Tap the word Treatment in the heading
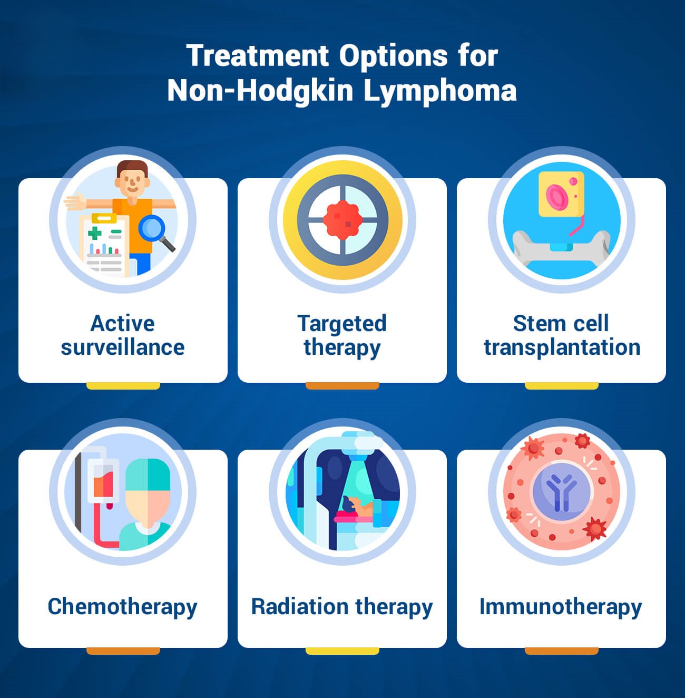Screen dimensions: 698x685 click(x=258, y=55)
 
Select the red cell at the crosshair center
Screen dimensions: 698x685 click(x=342, y=220)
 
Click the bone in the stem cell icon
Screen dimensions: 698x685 click(x=561, y=247)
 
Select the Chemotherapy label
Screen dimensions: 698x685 click(x=122, y=606)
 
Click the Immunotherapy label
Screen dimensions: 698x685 click(x=561, y=606)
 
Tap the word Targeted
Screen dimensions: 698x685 click(x=342, y=323)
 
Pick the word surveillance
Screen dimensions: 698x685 click(x=122, y=347)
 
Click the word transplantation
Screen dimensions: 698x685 click(x=562, y=347)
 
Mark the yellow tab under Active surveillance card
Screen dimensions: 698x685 click(x=123, y=386)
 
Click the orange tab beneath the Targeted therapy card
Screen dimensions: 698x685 click(x=342, y=386)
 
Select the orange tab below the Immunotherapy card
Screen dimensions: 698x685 click(x=561, y=651)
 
